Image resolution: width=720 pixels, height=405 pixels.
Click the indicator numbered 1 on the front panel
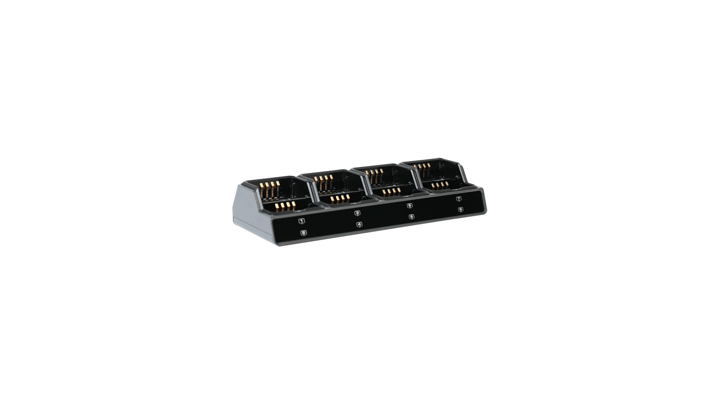click(301, 221)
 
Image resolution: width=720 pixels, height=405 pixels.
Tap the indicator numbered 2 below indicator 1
click(304, 232)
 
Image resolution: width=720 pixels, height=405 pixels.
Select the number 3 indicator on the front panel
click(357, 213)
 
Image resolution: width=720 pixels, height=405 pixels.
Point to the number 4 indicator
click(359, 224)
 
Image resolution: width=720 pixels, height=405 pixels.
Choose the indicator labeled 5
click(410, 206)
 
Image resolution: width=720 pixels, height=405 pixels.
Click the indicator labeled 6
click(412, 217)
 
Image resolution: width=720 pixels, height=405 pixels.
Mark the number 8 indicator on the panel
click(461, 210)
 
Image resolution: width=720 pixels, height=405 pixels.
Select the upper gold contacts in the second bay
click(323, 182)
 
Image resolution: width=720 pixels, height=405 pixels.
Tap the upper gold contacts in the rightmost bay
click(421, 169)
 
